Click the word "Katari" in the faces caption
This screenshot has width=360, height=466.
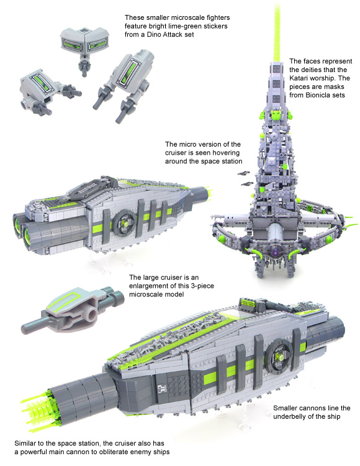pyautogui.click(x=299, y=78)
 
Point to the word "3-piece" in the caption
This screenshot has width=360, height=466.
pyautogui.click(x=202, y=286)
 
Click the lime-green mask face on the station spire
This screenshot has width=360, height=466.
pyautogui.click(x=277, y=115)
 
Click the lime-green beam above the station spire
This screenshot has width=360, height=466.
pyautogui.click(x=277, y=30)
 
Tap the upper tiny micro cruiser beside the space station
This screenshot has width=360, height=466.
pyautogui.click(x=245, y=173)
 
